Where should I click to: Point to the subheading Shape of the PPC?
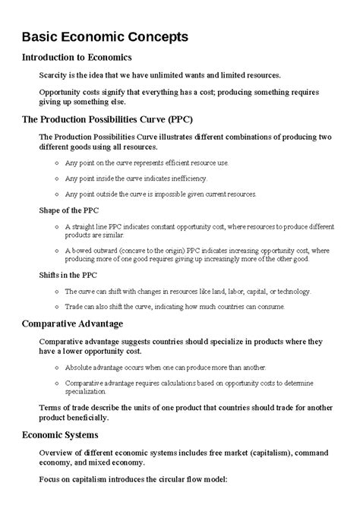point(68,210)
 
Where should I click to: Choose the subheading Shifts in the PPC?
point(68,276)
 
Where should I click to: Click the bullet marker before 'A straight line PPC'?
point(58,226)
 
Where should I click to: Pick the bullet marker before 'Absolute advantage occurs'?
point(58,368)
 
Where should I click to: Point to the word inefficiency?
point(187,178)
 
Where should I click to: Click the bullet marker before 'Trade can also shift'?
point(58,308)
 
